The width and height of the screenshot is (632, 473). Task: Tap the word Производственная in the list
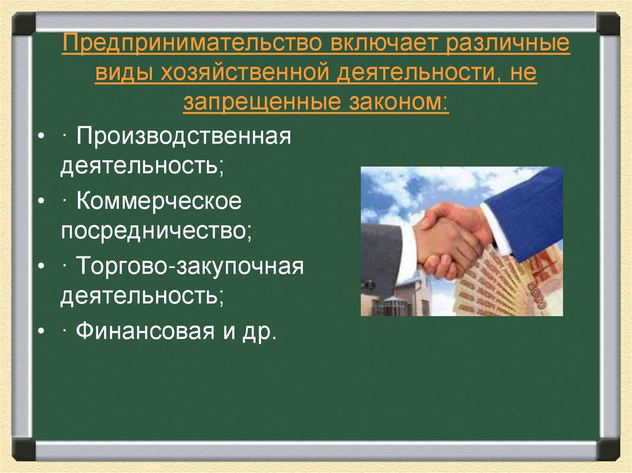click(x=183, y=136)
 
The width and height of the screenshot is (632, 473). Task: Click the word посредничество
click(x=156, y=232)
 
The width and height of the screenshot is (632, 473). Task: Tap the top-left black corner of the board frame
click(x=23, y=23)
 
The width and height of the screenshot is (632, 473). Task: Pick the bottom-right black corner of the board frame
click(x=608, y=449)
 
